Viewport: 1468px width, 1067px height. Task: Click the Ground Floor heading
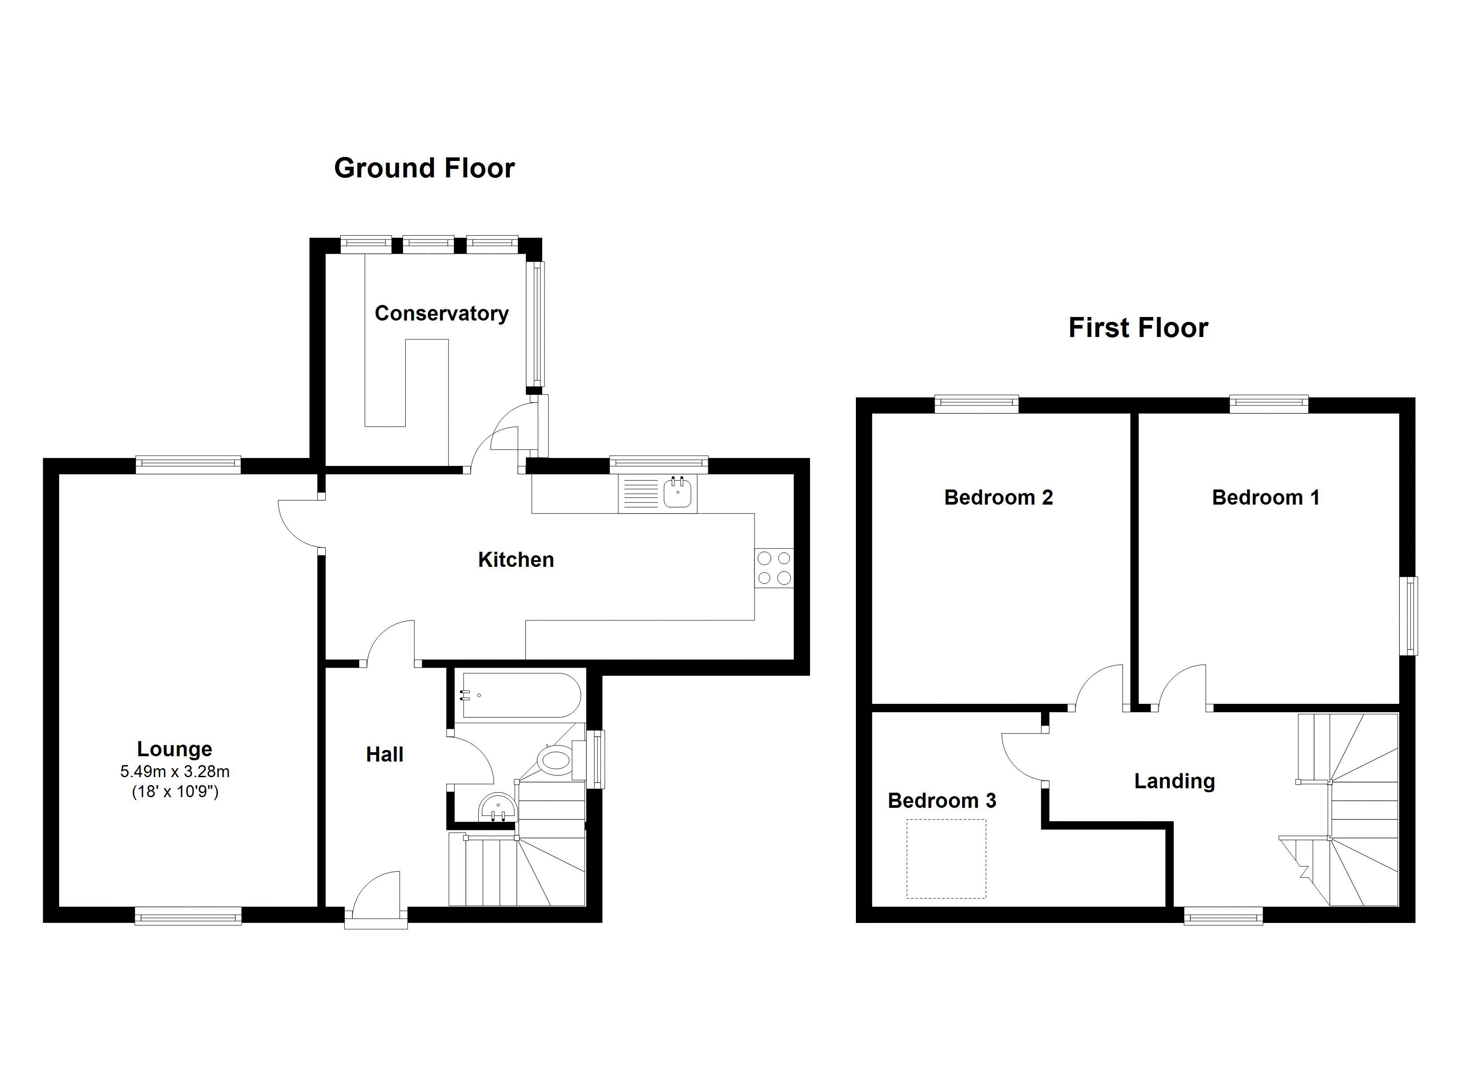click(x=424, y=168)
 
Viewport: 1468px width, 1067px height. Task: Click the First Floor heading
click(x=1138, y=328)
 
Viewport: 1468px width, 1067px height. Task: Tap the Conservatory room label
click(x=441, y=314)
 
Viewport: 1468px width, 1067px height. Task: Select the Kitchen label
click(x=516, y=560)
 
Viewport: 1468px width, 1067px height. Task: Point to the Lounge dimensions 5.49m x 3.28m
click(x=175, y=771)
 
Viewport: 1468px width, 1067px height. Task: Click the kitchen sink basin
click(x=678, y=493)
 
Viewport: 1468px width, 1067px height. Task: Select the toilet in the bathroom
click(x=555, y=759)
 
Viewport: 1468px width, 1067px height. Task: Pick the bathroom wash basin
click(x=498, y=807)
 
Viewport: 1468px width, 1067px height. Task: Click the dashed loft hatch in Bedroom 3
click(x=946, y=858)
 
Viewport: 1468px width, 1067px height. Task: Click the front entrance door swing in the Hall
click(x=378, y=893)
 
